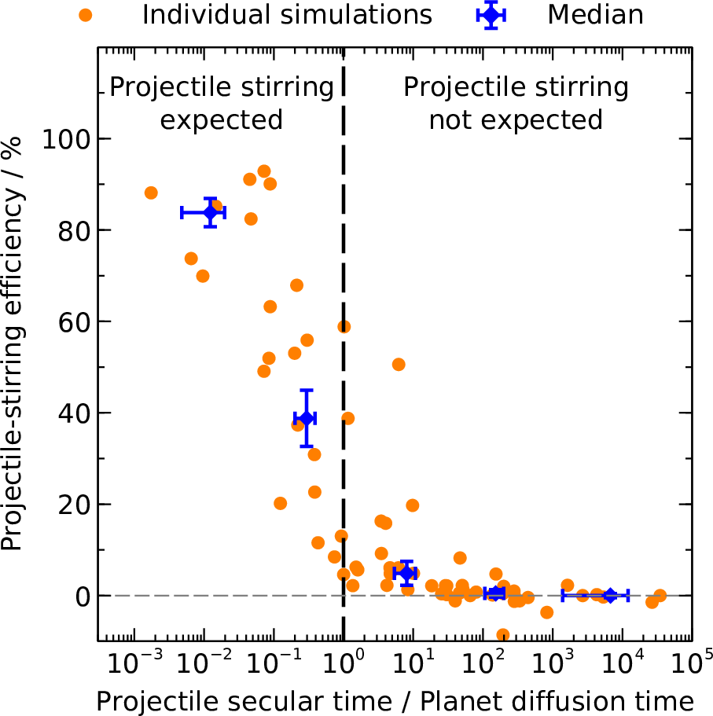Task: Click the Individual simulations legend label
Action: (x=287, y=15)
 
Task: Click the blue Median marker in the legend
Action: (x=491, y=14)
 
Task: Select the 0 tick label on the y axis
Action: (x=82, y=596)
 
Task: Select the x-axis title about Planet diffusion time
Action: (x=395, y=700)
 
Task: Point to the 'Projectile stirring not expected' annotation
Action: (x=516, y=103)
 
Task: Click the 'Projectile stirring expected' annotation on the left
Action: (x=222, y=103)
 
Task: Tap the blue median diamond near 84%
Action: (x=210, y=212)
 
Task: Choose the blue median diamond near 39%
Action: (x=306, y=418)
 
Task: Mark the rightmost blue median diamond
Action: (x=608, y=596)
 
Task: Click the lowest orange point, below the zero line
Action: (x=503, y=635)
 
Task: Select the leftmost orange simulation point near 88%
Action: (x=151, y=193)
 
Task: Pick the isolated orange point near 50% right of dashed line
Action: (x=399, y=364)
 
